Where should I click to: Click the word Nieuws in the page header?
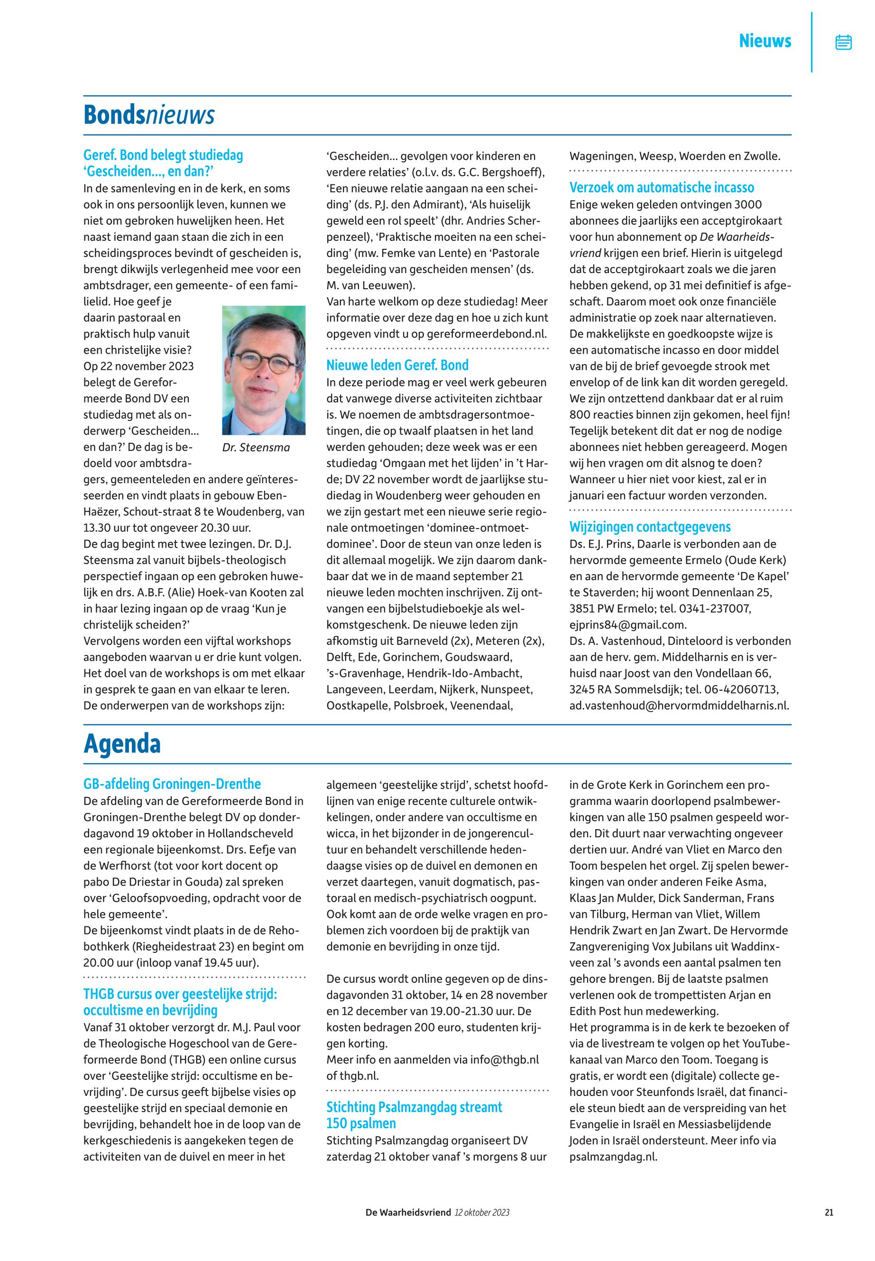click(765, 41)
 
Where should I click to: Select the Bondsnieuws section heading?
click(148, 115)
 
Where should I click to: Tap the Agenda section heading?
click(122, 744)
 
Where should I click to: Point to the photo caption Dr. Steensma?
click(256, 448)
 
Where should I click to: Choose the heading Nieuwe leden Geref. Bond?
click(397, 365)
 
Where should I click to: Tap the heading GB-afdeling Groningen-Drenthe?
click(172, 784)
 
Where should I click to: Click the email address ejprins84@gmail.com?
click(628, 625)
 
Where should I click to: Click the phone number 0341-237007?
click(715, 608)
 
